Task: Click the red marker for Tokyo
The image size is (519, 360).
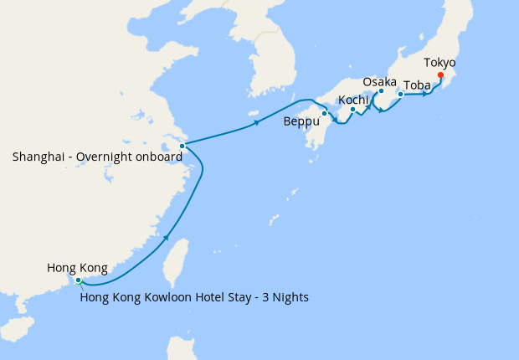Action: pos(441,80)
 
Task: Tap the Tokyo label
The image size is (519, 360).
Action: pos(439,63)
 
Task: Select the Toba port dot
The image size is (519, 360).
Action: pos(401,95)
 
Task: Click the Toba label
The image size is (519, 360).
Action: pos(418,85)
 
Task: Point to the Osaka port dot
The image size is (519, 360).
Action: pos(381,91)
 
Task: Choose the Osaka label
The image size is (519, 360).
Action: pos(380,81)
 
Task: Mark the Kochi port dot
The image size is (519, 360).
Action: pos(353,110)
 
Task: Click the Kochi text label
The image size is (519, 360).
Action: pos(354,100)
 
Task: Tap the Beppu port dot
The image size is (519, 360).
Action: pos(324,113)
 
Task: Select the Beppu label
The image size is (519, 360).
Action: pos(301,122)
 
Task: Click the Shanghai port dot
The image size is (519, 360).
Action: pos(182,146)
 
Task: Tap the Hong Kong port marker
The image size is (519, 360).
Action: pos(78,280)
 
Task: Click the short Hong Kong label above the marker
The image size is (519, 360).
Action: pos(77,268)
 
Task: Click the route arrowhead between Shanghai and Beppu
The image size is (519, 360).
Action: pos(255,125)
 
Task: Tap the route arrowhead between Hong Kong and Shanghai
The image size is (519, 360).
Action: pos(167,238)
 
